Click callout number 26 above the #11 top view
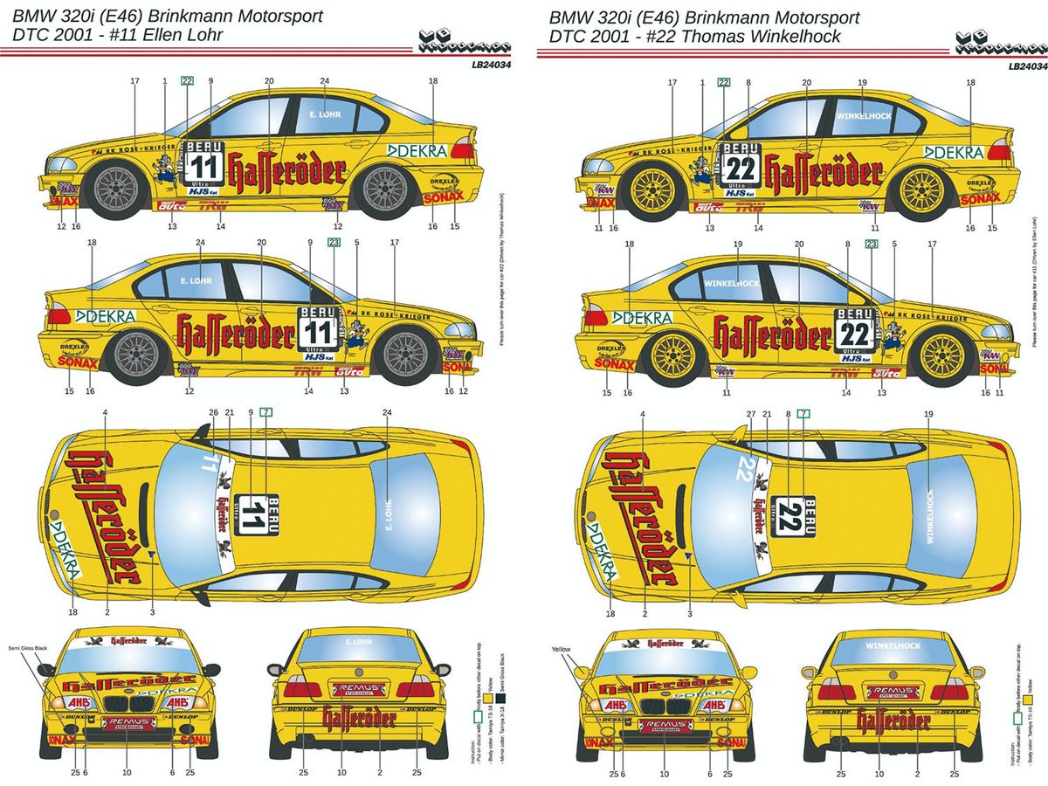tap(213, 412)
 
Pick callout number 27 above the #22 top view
tap(751, 412)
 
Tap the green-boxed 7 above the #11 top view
tap(266, 411)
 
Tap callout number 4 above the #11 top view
tap(105, 412)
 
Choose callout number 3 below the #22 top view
tap(689, 613)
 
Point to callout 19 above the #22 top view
tap(928, 412)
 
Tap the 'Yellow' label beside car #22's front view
tap(561, 649)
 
